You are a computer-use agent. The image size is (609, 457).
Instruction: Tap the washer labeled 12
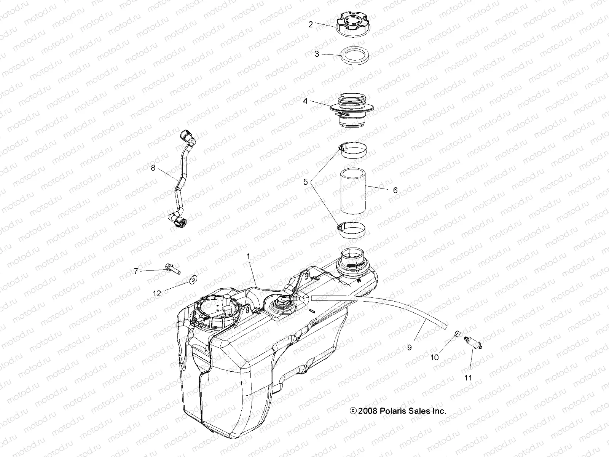tap(195, 281)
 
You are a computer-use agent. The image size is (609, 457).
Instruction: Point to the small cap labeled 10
tap(457, 335)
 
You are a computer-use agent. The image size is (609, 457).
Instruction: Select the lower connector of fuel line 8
tap(177, 219)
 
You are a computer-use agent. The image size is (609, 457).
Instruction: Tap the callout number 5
tap(306, 182)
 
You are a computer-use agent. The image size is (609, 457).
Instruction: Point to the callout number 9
tap(410, 347)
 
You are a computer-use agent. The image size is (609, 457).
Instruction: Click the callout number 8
tap(153, 168)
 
